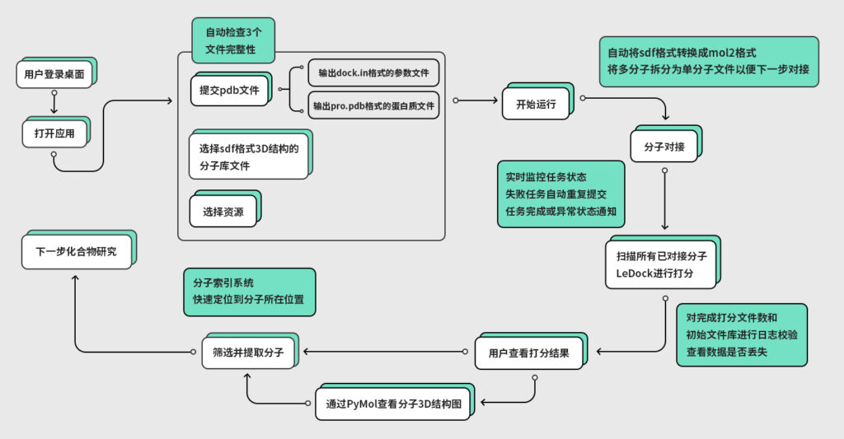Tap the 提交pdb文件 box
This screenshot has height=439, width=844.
[x=228, y=91]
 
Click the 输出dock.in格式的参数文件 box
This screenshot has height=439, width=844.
[x=373, y=73]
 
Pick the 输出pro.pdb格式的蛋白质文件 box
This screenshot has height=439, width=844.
[x=373, y=105]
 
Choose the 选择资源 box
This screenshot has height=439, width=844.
[x=223, y=212]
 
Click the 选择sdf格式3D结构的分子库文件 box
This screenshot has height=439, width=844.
[x=247, y=157]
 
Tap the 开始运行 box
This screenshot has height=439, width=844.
[x=536, y=104]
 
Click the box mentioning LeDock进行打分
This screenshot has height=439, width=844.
[x=660, y=264]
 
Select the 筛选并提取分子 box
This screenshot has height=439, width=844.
[x=248, y=353]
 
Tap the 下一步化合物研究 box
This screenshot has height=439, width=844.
[x=75, y=252]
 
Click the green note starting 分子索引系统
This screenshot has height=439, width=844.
[x=248, y=292]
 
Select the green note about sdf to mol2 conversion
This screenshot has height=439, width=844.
[x=708, y=61]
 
